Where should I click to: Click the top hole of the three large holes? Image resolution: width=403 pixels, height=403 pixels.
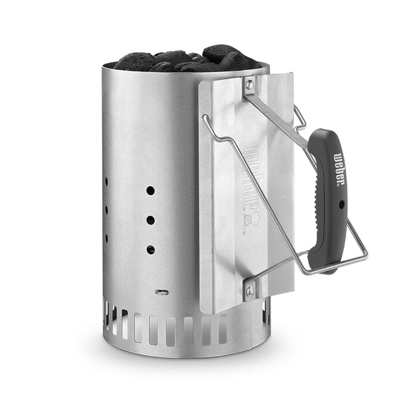tap(150, 191)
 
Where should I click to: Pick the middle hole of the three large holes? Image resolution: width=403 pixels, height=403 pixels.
tap(150, 220)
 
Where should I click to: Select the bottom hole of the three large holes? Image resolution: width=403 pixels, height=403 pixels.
tap(150, 250)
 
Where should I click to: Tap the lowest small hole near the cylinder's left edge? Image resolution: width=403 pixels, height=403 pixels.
tap(107, 238)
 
